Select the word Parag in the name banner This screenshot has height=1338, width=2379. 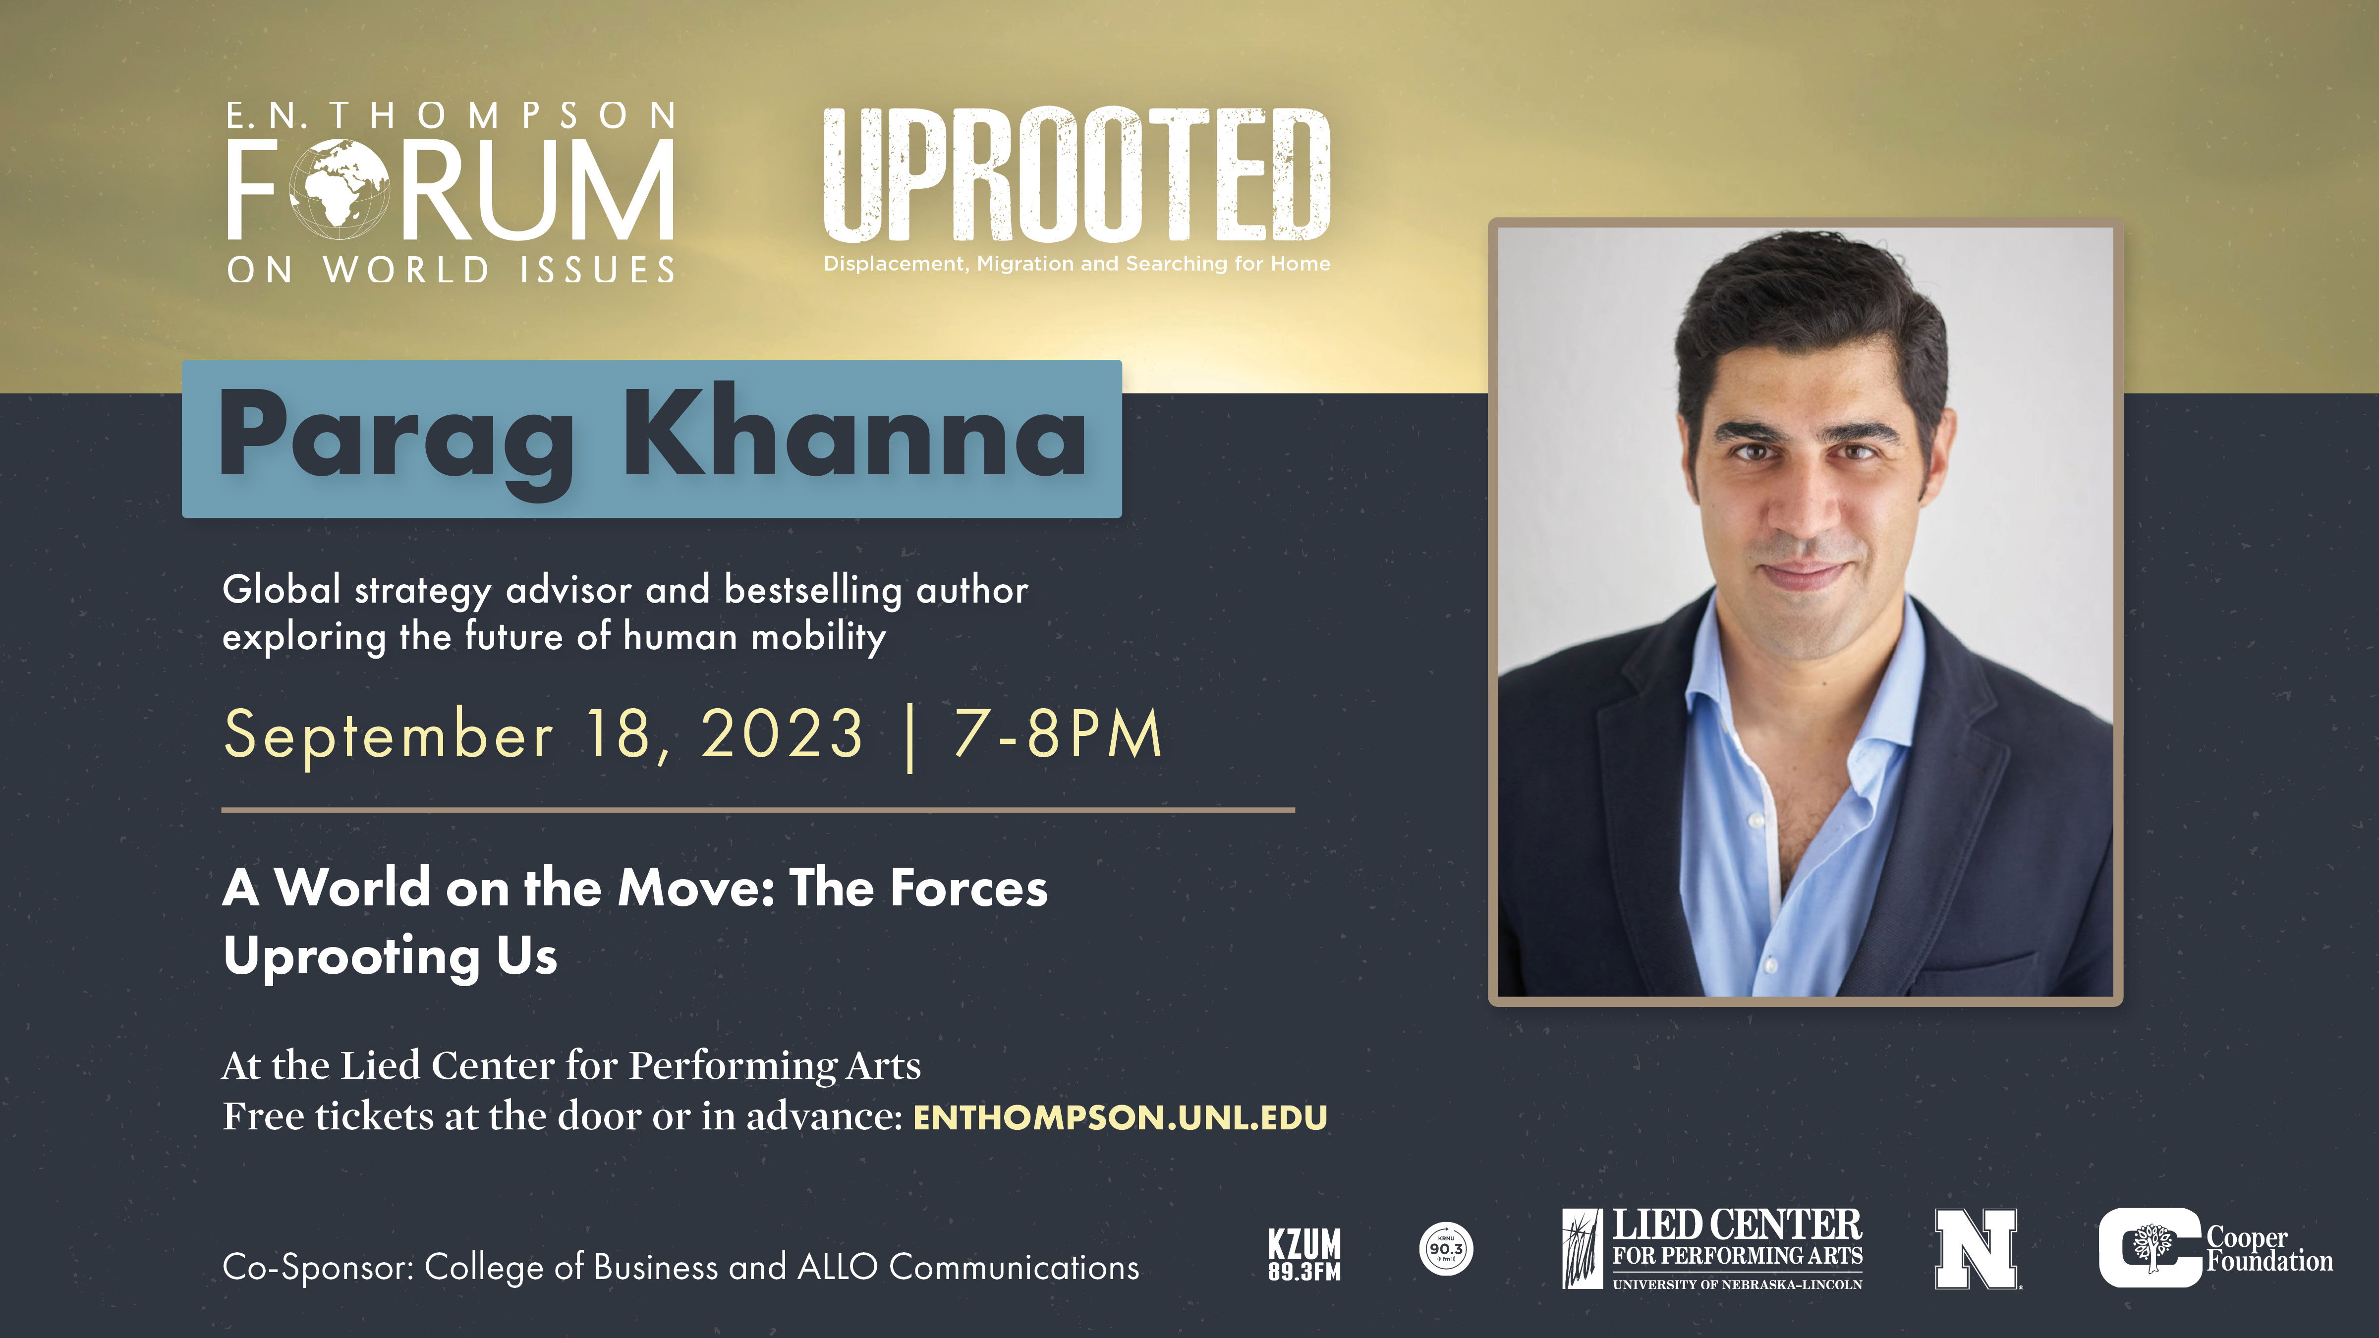[397, 443]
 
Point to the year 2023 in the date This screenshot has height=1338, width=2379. [782, 734]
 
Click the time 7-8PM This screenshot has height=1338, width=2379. [1058, 734]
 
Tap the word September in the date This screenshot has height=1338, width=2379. [388, 736]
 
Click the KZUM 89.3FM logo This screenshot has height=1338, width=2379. [1304, 1254]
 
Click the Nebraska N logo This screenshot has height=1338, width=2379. [1976, 1248]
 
